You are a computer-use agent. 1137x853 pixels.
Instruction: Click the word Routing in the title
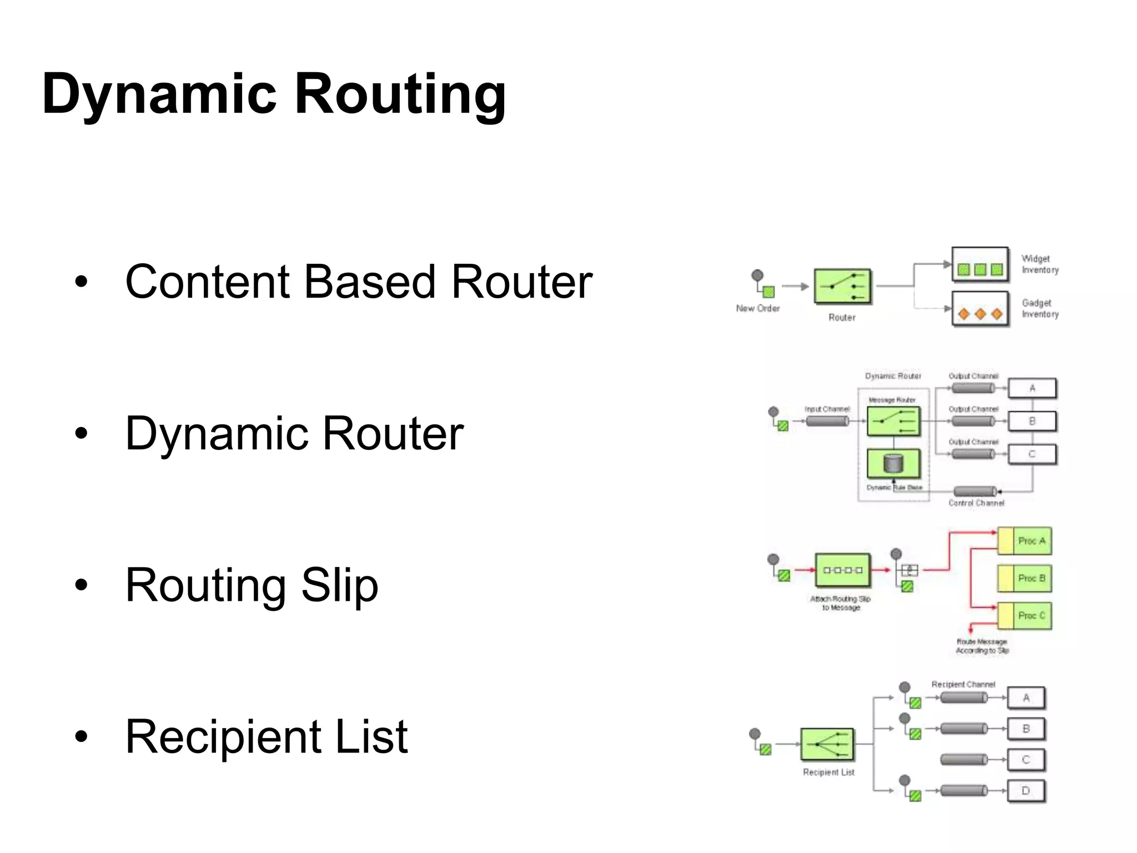(x=400, y=94)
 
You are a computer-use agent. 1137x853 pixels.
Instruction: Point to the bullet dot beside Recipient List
(x=82, y=737)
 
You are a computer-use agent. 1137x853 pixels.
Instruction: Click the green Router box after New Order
(x=842, y=287)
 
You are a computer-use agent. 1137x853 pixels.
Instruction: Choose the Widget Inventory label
(x=1040, y=264)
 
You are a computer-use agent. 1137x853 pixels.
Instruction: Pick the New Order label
(x=758, y=308)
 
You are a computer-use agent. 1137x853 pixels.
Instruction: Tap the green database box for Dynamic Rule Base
(x=893, y=463)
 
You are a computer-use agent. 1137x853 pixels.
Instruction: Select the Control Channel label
(x=976, y=503)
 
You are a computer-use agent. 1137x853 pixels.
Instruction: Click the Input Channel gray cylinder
(x=827, y=422)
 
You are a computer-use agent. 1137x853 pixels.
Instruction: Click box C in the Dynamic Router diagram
(x=1032, y=454)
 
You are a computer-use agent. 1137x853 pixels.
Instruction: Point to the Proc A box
(x=1025, y=541)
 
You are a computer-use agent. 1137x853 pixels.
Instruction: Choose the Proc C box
(x=1025, y=616)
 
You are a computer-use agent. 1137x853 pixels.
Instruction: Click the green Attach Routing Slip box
(x=842, y=570)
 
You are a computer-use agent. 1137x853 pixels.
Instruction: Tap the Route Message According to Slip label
(x=982, y=646)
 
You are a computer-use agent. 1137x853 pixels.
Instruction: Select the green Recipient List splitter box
(x=827, y=744)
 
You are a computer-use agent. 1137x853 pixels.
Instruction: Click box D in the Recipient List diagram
(x=1025, y=791)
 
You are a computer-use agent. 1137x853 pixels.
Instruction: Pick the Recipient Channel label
(x=963, y=685)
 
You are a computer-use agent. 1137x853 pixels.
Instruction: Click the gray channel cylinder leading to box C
(x=964, y=760)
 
